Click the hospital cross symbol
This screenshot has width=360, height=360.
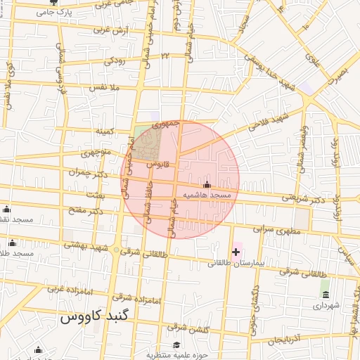pyautogui.click(x=236, y=252)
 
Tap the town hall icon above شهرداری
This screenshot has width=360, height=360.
pyautogui.click(x=325, y=293)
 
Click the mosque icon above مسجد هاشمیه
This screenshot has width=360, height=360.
pyautogui.click(x=206, y=184)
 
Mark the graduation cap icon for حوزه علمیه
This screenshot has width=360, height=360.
pyautogui.click(x=176, y=345)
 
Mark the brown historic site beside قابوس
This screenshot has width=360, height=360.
pyautogui.click(x=147, y=145)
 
